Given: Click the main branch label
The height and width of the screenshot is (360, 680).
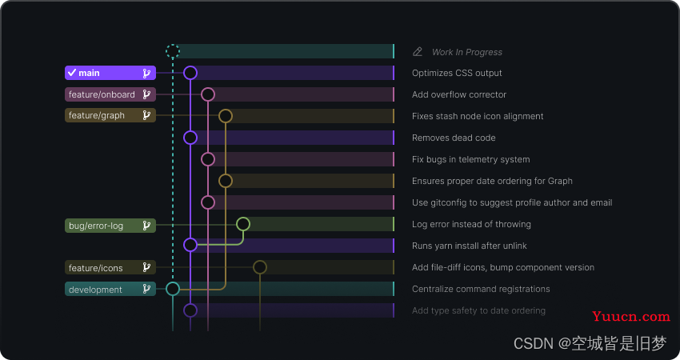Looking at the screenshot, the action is pyautogui.click(x=110, y=73).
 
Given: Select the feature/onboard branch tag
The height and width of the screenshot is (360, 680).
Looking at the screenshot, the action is pyautogui.click(x=110, y=94).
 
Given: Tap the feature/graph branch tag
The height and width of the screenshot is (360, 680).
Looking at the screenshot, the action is pyautogui.click(x=110, y=115).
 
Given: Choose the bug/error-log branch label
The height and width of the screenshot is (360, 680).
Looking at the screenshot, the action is pyautogui.click(x=110, y=226).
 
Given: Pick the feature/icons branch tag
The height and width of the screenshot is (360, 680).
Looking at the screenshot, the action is pyautogui.click(x=110, y=268).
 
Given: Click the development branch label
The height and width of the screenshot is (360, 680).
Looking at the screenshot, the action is pyautogui.click(x=110, y=289).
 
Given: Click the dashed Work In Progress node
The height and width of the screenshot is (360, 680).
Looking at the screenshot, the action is pyautogui.click(x=173, y=45).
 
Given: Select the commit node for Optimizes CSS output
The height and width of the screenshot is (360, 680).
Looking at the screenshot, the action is pyautogui.click(x=190, y=66).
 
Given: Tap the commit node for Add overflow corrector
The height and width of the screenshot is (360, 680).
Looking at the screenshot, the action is pyautogui.click(x=208, y=88).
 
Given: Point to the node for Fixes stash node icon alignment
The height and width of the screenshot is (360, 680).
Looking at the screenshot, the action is pyautogui.click(x=226, y=110).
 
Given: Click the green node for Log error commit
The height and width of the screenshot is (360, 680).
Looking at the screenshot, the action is pyautogui.click(x=243, y=218).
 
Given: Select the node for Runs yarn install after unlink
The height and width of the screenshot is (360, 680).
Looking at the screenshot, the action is pyautogui.click(x=190, y=238).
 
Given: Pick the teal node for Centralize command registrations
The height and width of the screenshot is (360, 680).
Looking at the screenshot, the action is pyautogui.click(x=173, y=282).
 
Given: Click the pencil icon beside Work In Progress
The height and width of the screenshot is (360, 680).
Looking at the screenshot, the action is pyautogui.click(x=417, y=52).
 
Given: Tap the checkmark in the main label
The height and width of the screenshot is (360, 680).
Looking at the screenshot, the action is pyautogui.click(x=72, y=73).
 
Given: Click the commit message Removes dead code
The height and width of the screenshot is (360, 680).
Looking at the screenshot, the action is pyautogui.click(x=454, y=138).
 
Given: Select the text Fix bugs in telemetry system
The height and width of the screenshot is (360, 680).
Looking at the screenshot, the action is pyautogui.click(x=471, y=160).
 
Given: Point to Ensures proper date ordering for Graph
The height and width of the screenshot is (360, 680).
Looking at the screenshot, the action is pyautogui.click(x=492, y=181).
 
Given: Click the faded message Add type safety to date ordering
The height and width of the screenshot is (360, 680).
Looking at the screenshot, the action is pyautogui.click(x=478, y=310).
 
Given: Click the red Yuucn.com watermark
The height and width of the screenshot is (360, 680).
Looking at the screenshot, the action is pyautogui.click(x=631, y=317).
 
